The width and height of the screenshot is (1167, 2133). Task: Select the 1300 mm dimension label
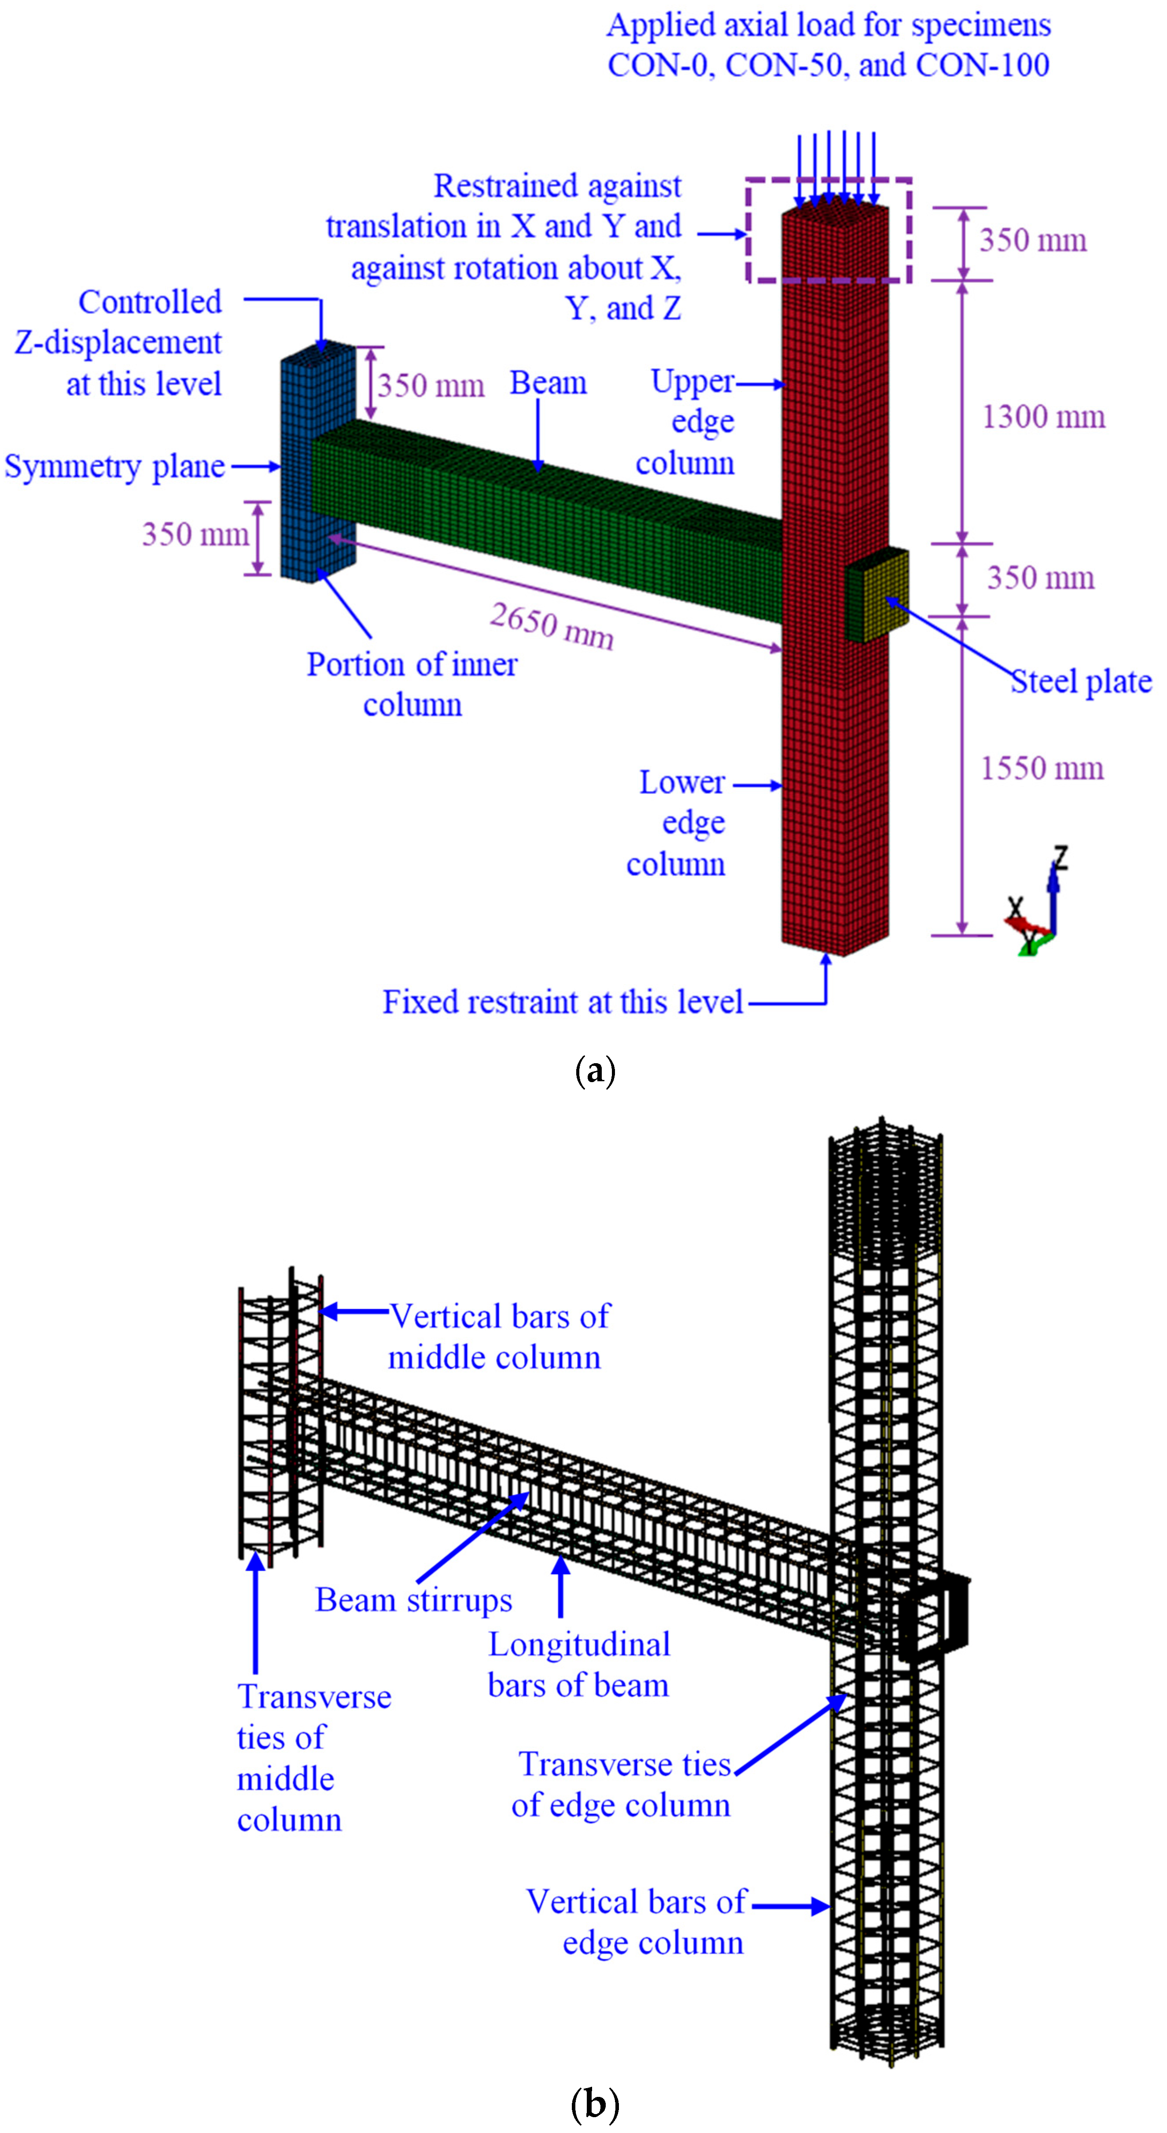tap(1043, 416)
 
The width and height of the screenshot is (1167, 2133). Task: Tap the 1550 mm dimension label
tap(1041, 768)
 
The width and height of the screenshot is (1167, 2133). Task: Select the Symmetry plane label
tap(114, 466)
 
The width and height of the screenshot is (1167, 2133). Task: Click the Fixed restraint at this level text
tap(563, 1002)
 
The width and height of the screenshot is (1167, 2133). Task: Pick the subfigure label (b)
tap(595, 2103)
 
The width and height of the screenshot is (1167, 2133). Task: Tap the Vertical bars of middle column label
tap(499, 1336)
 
